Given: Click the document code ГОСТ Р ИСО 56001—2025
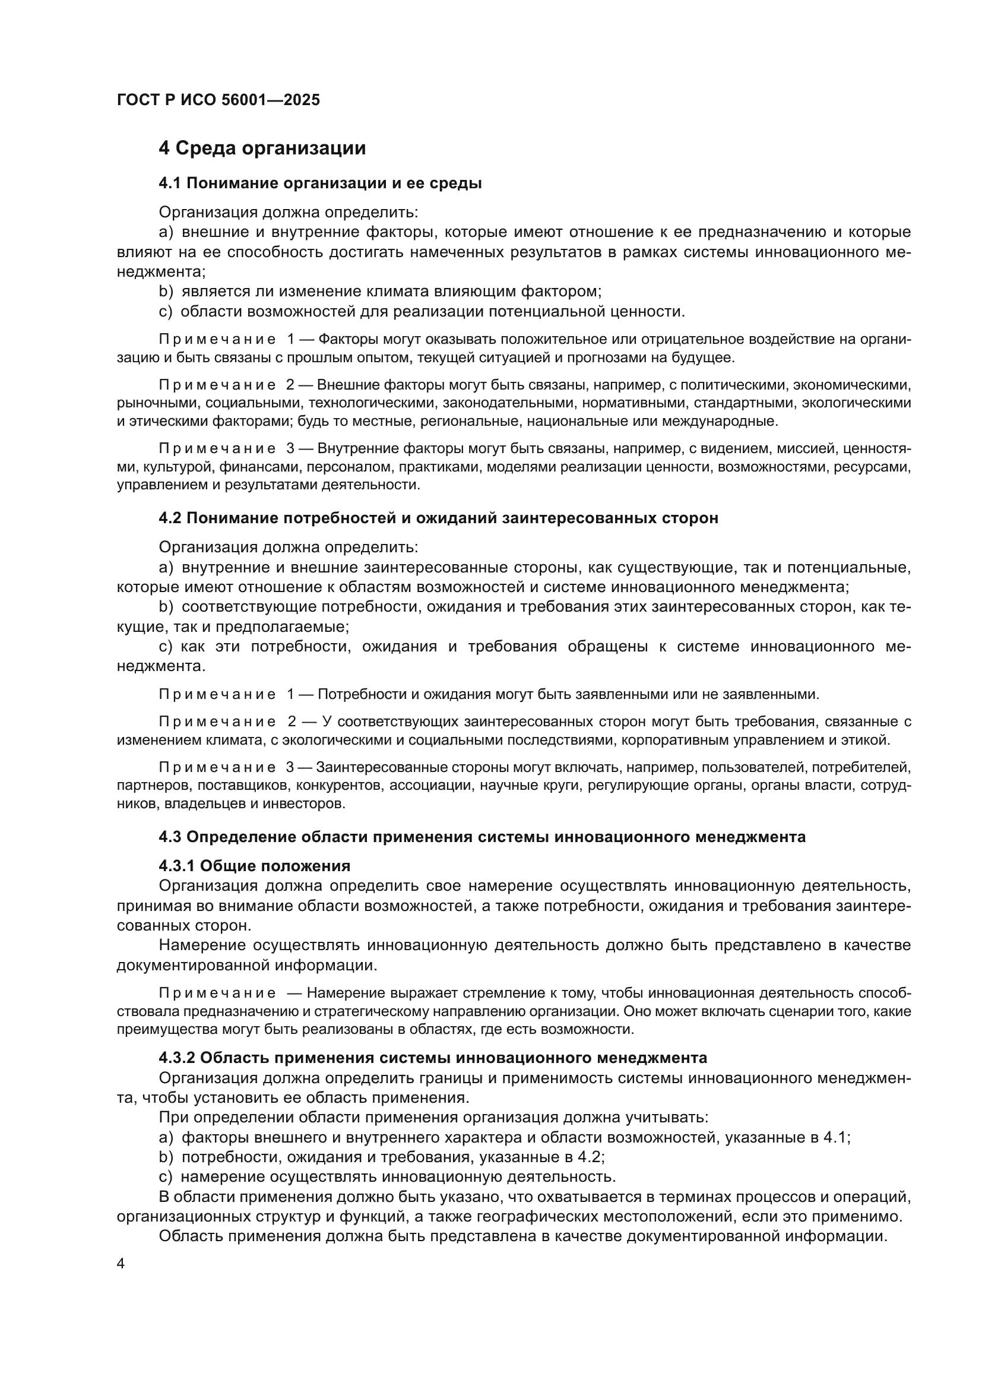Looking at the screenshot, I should click(218, 100).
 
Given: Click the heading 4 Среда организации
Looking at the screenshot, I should click(262, 148).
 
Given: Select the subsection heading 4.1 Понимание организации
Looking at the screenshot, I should click(320, 183).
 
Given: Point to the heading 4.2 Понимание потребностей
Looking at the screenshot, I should click(438, 518).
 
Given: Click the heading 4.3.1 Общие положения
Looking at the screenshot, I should click(255, 866).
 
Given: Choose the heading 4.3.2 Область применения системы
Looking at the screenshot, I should click(432, 1058).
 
